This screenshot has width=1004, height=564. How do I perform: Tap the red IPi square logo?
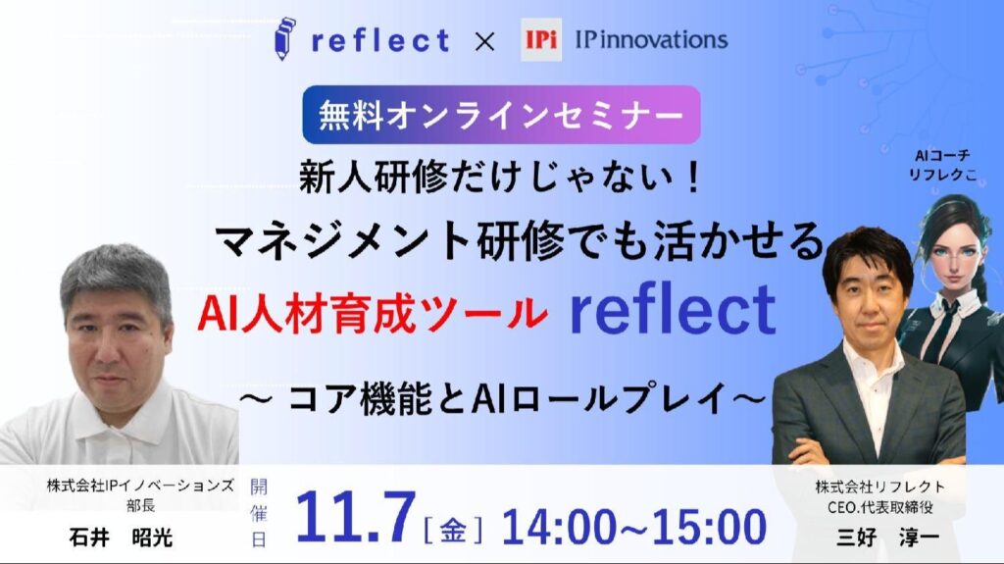coord(541,40)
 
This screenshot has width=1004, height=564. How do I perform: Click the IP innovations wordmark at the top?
coord(651,40)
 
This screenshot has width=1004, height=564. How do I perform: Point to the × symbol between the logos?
coord(484,41)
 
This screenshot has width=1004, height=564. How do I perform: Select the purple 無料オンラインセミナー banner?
coord(501,115)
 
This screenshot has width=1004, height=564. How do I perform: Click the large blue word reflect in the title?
coord(673,310)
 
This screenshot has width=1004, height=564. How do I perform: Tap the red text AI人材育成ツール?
coord(373,314)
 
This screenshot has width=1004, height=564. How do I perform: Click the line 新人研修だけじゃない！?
coord(501,177)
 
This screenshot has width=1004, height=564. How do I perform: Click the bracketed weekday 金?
coord(453,529)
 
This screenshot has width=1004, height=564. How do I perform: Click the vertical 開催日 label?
coord(258,513)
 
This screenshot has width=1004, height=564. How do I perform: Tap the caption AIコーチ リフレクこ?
coord(942,165)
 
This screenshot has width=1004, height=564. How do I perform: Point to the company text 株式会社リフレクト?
coord(879,487)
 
